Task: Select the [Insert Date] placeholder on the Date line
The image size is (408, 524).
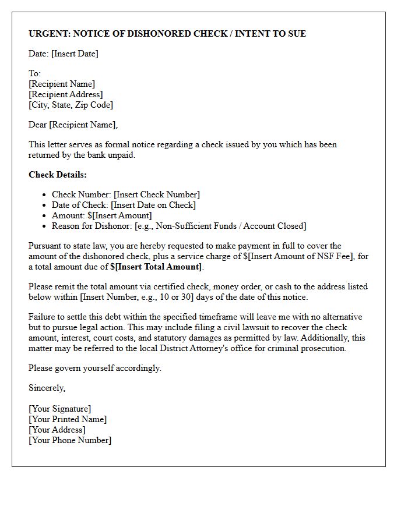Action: [75, 54]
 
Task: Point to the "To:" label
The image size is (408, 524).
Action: [34, 73]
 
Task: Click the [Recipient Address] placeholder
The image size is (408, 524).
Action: [65, 94]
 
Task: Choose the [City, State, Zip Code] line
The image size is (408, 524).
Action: [71, 105]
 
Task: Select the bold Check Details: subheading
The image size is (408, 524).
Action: [57, 175]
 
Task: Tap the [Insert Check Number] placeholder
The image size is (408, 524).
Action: [156, 194]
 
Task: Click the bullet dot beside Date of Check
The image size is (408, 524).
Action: [44, 205]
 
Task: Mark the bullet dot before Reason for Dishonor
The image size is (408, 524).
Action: [44, 226]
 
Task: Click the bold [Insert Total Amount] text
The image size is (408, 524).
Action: [158, 267]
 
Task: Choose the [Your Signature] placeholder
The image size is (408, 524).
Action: [59, 409]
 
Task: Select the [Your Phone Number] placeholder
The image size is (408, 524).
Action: [70, 440]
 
